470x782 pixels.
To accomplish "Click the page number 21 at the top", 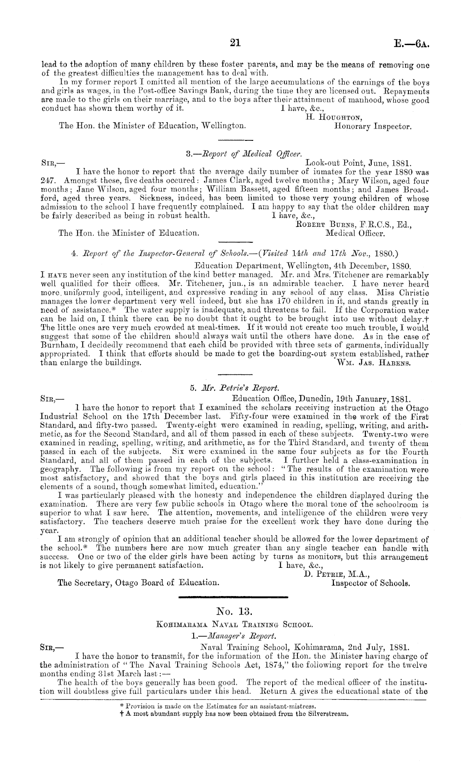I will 235,42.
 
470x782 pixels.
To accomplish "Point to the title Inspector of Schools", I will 371,583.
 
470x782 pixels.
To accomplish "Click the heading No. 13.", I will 235,611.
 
